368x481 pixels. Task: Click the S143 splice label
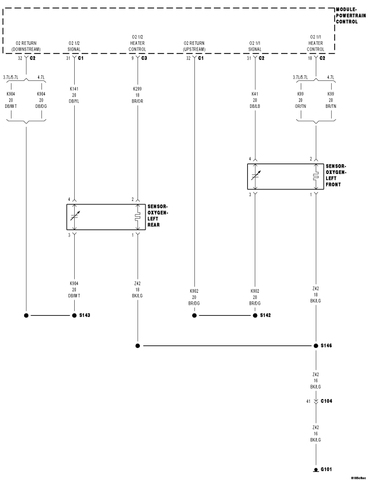[85, 316]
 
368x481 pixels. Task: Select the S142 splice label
[266, 316]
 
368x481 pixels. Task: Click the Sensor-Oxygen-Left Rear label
[157, 215]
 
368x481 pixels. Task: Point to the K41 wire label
[255, 93]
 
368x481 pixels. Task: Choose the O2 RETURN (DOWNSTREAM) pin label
[25, 46]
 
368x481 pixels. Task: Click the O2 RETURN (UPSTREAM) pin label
[194, 46]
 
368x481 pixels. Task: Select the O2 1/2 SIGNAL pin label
[74, 46]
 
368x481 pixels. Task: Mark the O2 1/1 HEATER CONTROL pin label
[316, 42]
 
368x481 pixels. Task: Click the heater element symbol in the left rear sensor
[137, 216]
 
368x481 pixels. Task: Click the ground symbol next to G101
[316, 470]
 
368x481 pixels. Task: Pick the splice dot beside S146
[316, 346]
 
